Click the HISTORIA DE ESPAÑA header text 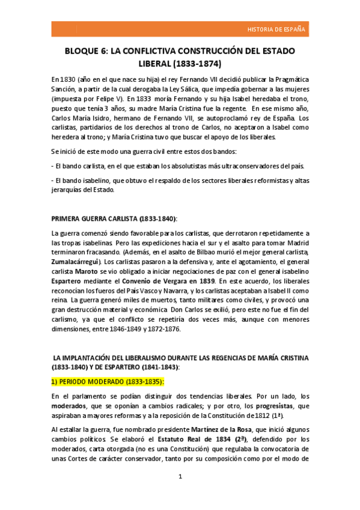tap(276, 29)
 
